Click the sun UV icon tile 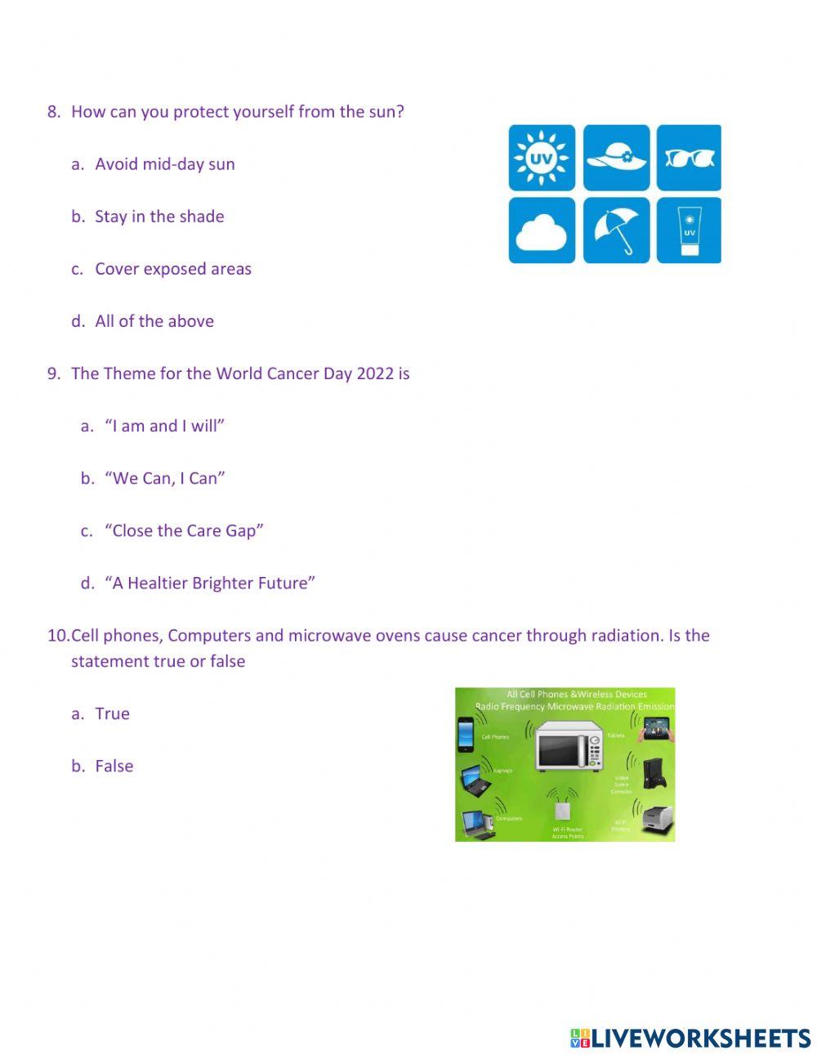(x=542, y=158)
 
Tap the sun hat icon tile (x=617, y=158)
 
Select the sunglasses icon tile (x=689, y=158)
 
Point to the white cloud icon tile (x=542, y=230)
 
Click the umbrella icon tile (x=617, y=230)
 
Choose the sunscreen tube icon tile (x=689, y=230)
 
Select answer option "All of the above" (x=154, y=321)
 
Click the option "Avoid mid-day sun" (x=164, y=164)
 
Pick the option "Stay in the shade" (x=159, y=217)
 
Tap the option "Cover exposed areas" (x=173, y=269)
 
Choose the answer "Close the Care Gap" (x=184, y=530)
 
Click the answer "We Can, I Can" (x=164, y=478)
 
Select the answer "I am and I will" (x=164, y=426)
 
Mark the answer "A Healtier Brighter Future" (x=210, y=583)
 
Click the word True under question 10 (x=112, y=713)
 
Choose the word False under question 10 (x=114, y=766)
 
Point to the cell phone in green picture (x=466, y=733)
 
